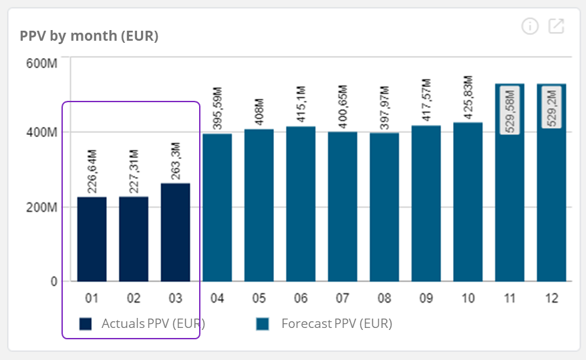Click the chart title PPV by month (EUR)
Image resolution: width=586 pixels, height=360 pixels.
coord(89,36)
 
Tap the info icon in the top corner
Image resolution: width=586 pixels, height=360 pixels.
coord(530,27)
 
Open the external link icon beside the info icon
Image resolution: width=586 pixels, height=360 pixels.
coord(556,27)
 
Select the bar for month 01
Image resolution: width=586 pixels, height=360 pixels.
coord(92,238)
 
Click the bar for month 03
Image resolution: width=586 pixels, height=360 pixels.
coord(175,232)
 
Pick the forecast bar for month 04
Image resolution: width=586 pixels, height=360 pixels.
coord(217,207)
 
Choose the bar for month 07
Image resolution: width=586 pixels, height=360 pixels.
coord(342,206)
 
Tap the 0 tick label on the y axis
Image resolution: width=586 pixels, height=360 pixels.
coord(53,281)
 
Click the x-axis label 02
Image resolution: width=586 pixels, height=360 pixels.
coord(134,299)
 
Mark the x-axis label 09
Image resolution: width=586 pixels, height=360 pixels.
coord(426,299)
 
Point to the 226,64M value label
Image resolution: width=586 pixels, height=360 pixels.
coord(92,171)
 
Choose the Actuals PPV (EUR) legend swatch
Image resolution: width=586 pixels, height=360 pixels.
coord(85,324)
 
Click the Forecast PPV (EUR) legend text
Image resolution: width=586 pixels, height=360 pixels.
coord(337,324)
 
